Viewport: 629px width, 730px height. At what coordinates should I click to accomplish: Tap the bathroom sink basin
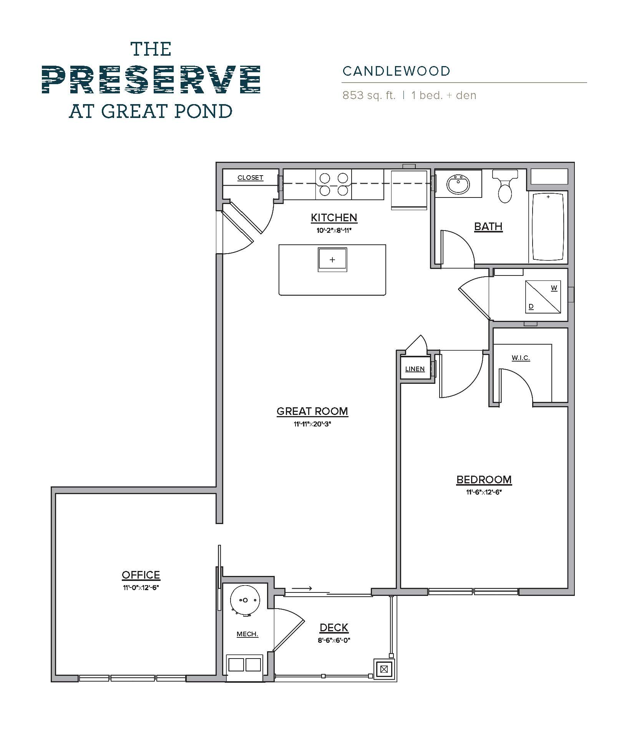[x=458, y=184]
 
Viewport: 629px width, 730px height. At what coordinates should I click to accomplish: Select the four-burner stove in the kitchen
[x=334, y=184]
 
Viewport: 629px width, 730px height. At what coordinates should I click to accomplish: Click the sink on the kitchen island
[x=332, y=260]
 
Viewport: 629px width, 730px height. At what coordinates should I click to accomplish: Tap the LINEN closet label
[x=415, y=369]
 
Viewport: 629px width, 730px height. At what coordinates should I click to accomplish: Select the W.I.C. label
[x=521, y=358]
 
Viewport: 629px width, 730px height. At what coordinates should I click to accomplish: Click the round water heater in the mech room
[x=245, y=600]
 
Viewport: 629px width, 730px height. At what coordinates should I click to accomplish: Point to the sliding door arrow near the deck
[x=302, y=588]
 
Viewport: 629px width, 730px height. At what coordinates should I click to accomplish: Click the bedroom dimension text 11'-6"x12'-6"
[x=484, y=492]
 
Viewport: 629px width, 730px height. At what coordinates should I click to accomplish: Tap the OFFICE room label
[x=141, y=575]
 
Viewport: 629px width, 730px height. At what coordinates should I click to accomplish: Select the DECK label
[x=334, y=627]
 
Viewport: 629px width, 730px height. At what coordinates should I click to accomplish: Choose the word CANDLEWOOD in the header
[x=396, y=71]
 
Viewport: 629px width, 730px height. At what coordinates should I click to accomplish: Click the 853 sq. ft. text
[x=369, y=95]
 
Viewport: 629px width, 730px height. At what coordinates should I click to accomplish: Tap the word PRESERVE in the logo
[x=151, y=80]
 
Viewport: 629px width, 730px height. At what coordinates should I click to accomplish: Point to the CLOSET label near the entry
[x=250, y=178]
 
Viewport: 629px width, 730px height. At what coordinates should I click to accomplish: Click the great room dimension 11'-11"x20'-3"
[x=312, y=424]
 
